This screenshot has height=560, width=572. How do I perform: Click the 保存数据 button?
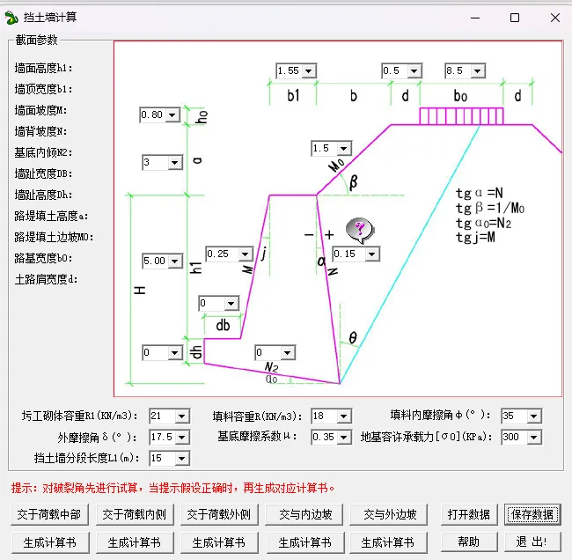coord(532,515)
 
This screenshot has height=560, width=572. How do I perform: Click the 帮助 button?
coord(469,542)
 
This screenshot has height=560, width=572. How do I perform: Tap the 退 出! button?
coord(532,542)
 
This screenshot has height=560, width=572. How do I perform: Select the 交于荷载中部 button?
coord(49,515)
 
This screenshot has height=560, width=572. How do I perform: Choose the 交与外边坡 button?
coord(388,515)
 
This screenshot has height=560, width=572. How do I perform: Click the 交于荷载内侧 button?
coord(135,515)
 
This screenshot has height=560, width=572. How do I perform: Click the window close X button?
coord(555,18)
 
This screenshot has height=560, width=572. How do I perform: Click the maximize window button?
coord(515,18)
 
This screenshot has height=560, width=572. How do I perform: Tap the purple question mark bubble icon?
coord(360,231)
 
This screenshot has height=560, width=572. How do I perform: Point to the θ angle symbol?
coord(353,338)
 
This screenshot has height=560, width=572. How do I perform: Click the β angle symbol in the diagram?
coord(353,182)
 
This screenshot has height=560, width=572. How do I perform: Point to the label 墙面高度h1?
coord(44,69)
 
